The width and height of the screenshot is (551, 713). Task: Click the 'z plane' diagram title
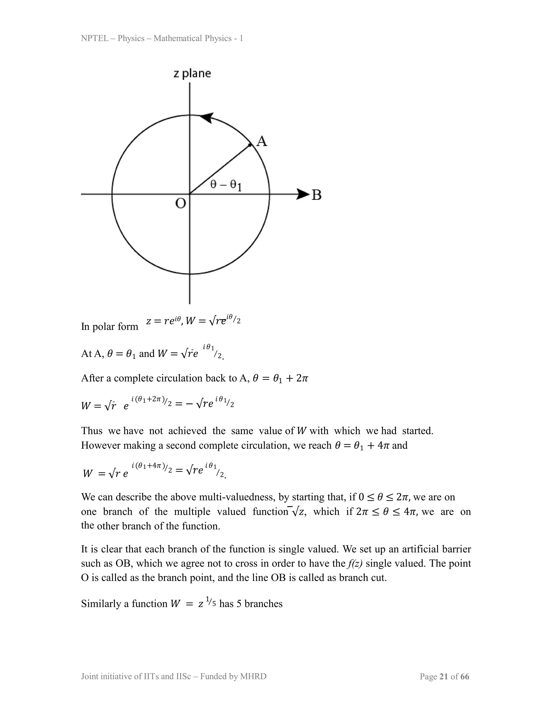click(x=192, y=73)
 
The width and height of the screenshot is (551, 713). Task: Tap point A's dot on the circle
click(x=250, y=145)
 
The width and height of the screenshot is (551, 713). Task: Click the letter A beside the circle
click(x=262, y=141)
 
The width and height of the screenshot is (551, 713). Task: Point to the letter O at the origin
click(x=181, y=203)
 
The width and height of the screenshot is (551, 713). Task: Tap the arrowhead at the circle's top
click(x=206, y=118)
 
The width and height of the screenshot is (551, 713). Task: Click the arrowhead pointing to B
click(x=303, y=194)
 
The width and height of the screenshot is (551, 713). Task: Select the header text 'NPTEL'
click(x=95, y=38)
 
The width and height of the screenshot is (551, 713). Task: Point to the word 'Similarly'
click(x=101, y=604)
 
